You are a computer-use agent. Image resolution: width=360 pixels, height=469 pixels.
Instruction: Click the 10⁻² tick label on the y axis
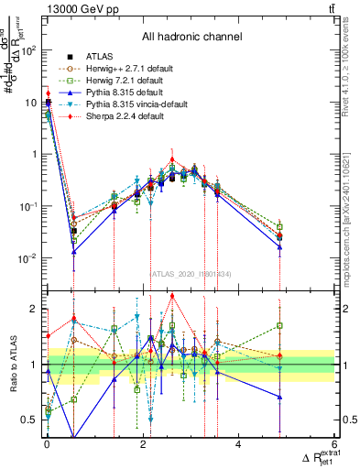[27, 258]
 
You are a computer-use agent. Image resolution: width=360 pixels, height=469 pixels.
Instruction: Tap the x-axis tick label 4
[238, 445]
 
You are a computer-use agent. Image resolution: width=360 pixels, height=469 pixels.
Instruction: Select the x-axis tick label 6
[334, 445]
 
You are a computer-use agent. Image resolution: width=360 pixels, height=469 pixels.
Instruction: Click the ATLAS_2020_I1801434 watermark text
[191, 273]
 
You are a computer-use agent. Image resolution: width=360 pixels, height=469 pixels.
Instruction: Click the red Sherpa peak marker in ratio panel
[172, 296]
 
